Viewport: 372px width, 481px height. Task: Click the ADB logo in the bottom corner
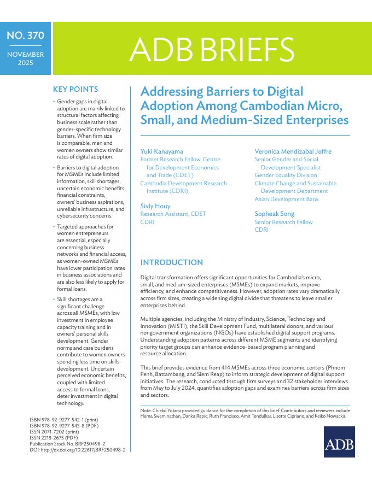coord(339,442)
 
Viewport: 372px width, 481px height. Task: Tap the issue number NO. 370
coord(25,37)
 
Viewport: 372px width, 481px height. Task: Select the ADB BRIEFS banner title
coord(212,49)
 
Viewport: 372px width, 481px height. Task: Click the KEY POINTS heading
coord(75,90)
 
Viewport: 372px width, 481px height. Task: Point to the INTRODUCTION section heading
coord(172,262)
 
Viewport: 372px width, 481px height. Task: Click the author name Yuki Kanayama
coord(161,151)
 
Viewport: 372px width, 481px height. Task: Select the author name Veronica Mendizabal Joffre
coord(293,151)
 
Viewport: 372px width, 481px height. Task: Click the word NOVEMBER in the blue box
coord(25,55)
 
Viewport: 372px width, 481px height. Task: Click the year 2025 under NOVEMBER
coord(25,63)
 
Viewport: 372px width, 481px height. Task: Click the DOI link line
coord(78,449)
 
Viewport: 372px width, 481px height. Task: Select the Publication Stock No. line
coord(67,444)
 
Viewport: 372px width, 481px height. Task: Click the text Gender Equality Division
coord(286,175)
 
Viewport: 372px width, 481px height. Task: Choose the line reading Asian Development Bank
coord(287,199)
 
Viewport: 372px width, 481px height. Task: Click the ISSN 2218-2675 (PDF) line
coord(54,438)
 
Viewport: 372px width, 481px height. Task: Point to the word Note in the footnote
coord(146,409)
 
